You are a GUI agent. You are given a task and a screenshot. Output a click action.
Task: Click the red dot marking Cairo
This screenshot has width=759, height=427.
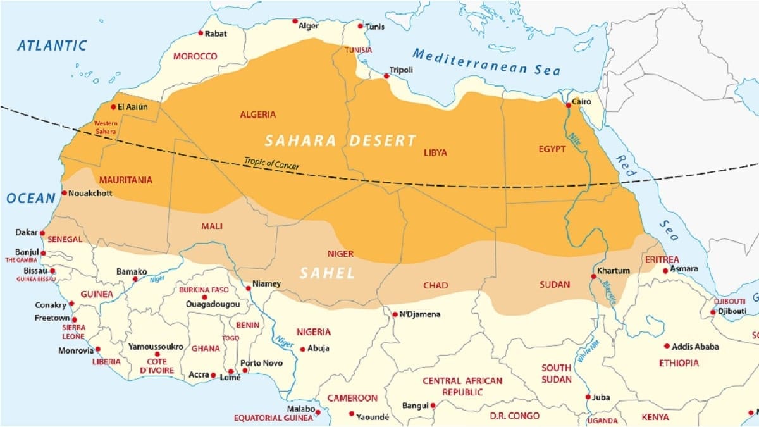[x=567, y=101]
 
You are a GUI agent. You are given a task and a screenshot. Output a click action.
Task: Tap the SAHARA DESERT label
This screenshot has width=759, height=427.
[x=340, y=140]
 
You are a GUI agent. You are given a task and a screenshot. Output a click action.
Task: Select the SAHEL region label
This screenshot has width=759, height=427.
[x=327, y=273]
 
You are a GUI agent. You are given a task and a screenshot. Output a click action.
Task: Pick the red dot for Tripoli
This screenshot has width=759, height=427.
[x=386, y=77]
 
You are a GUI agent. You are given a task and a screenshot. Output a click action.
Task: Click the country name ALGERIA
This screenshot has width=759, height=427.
[x=257, y=114]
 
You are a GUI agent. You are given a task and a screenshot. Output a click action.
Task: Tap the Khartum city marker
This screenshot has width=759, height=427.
[x=594, y=276]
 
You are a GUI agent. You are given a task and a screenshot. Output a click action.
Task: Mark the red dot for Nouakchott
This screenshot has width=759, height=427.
[x=64, y=193]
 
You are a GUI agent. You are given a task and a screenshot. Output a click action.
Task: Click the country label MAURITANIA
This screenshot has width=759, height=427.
[x=125, y=180]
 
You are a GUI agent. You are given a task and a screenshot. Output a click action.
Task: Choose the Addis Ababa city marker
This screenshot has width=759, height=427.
[x=667, y=346]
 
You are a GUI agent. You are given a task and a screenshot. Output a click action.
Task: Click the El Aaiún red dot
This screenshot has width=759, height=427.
[x=114, y=107]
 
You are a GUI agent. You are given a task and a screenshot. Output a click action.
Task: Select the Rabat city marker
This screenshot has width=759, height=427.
[x=201, y=33]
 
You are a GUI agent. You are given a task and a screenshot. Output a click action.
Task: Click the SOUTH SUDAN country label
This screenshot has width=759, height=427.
[x=556, y=373]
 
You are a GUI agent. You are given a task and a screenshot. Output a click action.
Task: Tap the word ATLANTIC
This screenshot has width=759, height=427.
[x=52, y=46]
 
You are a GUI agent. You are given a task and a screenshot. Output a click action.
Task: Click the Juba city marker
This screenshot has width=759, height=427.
[x=588, y=397]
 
